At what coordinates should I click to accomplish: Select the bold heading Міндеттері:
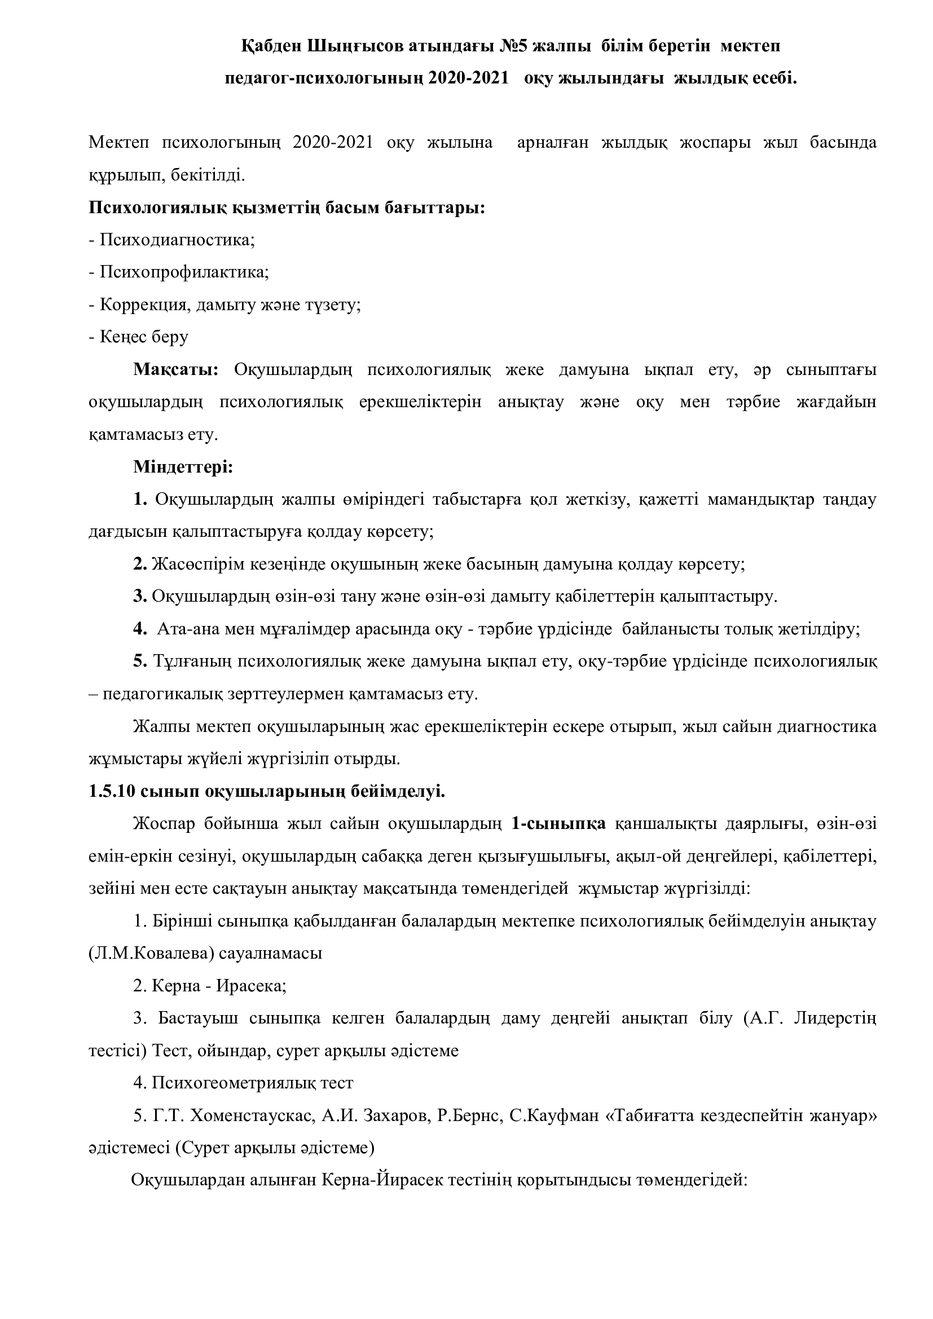(183, 466)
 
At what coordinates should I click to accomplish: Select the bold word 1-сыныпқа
(558, 824)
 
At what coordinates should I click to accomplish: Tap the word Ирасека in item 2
(252, 986)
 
